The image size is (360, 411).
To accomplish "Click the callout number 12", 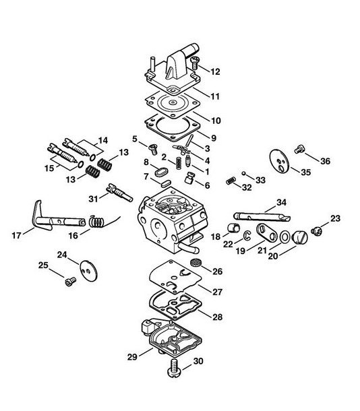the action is pos(215,71).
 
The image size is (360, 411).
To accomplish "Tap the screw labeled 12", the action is pos(195,62).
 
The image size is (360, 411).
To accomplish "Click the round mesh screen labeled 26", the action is pos(195,262).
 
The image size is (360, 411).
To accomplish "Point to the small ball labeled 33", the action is pos(243,173).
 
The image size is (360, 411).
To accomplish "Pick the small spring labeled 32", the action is pos(231,181).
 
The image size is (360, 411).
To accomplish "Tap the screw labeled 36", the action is pos(299,149).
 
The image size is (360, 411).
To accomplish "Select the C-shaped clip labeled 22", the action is pos(247,235).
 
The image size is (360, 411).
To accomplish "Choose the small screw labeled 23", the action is pos(317,231).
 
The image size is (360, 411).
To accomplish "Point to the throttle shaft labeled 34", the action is pos(262,216).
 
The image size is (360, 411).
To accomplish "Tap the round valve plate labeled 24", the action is pos(88,271).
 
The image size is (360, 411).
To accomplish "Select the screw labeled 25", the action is pos(70,282).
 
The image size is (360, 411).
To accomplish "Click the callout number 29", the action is pos(132,356).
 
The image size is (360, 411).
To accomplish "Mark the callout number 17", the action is pos(16,235).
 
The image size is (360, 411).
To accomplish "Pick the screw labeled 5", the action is pos(152,149).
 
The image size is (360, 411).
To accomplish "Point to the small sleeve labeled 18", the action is pos(233,228).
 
